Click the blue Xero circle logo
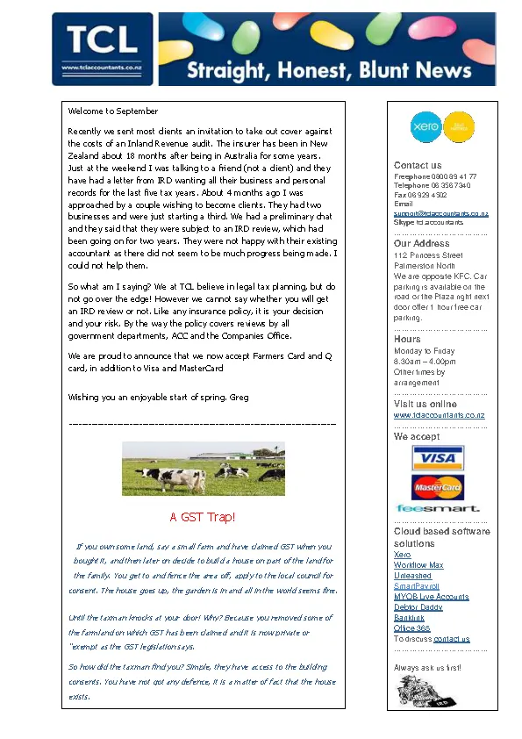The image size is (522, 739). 425,127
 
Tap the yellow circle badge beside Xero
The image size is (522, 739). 458,127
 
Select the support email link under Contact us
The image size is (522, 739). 440,213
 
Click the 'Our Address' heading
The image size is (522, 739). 421,244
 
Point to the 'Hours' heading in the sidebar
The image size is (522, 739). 407,339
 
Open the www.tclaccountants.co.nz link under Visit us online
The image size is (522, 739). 439,415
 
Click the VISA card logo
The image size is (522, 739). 437,458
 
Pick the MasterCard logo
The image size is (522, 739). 437,486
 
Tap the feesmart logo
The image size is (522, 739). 438,508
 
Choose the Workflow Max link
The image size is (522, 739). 418,565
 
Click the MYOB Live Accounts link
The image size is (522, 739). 431,597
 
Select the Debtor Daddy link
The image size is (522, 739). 418,607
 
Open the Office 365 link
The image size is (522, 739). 412,628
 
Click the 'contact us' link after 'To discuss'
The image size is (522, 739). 452,639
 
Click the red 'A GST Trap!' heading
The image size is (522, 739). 203,518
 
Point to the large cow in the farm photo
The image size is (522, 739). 176,478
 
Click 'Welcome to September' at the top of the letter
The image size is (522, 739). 113,111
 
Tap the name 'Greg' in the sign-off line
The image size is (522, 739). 239,398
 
